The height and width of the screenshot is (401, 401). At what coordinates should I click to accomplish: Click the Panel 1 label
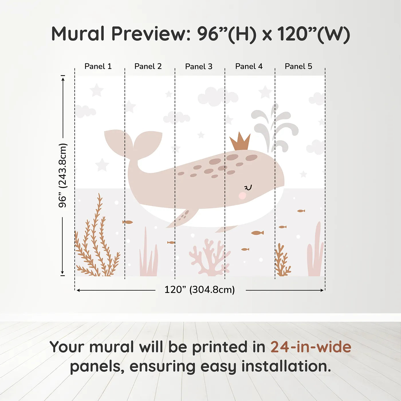pyautogui.click(x=98, y=66)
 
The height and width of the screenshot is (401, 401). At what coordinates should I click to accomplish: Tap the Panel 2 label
pyautogui.click(x=148, y=66)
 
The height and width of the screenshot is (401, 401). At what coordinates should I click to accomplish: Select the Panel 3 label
pyautogui.click(x=199, y=67)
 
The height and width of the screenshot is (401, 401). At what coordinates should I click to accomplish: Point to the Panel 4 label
pyautogui.click(x=249, y=66)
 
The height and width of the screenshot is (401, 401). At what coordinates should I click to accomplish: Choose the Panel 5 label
pyautogui.click(x=298, y=66)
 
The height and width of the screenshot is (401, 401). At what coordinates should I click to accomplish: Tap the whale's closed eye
pyautogui.click(x=248, y=188)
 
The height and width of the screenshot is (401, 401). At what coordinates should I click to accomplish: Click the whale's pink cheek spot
pyautogui.click(x=242, y=196)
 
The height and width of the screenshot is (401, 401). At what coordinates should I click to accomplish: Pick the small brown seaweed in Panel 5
pyautogui.click(x=282, y=261)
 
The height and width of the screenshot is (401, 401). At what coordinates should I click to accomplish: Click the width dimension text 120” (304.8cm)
pyautogui.click(x=200, y=290)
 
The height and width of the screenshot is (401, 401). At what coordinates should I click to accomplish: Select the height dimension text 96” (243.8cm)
pyautogui.click(x=62, y=175)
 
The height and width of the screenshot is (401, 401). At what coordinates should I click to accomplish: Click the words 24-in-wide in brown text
pyautogui.click(x=311, y=347)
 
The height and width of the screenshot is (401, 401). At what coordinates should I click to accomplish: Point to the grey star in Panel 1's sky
pyautogui.click(x=97, y=90)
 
